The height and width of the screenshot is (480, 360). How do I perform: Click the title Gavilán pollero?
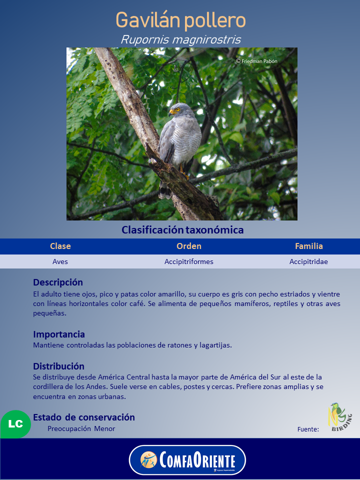pos(180,21)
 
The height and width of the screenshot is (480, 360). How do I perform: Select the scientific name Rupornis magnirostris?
pos(180,39)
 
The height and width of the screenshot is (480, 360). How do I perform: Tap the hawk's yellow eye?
pos(177,109)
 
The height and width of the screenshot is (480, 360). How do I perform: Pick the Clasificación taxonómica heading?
pos(182,230)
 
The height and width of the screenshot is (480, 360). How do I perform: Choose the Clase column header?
pos(60,246)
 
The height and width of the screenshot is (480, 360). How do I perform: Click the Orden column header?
pos(189,246)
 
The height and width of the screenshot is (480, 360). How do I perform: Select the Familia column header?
pos(309,246)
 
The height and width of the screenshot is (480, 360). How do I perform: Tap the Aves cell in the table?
pos(60,261)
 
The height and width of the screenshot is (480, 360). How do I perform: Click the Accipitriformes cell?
pos(189,261)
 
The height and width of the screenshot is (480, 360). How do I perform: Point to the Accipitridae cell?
pos(309,261)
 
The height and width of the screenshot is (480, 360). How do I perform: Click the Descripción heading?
pos(58,282)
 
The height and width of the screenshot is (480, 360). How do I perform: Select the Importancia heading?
pos(59,334)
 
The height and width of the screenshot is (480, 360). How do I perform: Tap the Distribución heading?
pos(58,366)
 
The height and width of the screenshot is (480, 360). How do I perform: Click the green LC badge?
pos(15,424)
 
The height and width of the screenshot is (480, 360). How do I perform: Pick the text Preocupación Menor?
pos(81,428)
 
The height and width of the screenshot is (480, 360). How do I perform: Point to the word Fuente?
pos(308,429)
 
